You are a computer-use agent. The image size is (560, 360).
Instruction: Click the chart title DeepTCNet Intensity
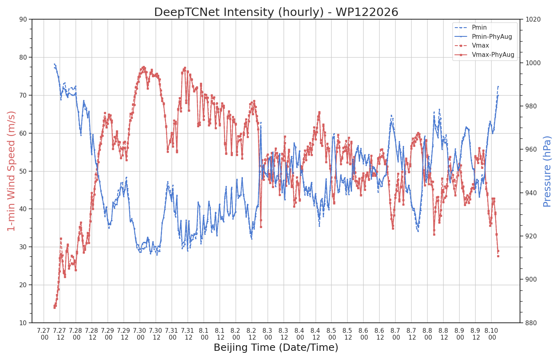click(276, 12)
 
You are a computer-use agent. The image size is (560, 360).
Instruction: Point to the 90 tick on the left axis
click(23, 19)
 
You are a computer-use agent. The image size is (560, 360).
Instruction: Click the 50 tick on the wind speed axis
click(23, 171)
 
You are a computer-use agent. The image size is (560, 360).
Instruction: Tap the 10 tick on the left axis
click(23, 323)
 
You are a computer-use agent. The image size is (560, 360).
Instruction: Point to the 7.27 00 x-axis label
click(44, 334)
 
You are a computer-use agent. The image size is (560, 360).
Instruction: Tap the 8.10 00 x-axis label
click(492, 334)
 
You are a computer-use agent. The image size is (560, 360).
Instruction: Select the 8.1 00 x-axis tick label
click(204, 334)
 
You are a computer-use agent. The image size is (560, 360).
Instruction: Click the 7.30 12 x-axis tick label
click(156, 334)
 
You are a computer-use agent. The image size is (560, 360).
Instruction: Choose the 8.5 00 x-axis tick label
click(332, 334)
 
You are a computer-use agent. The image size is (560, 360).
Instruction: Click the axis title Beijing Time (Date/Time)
click(276, 348)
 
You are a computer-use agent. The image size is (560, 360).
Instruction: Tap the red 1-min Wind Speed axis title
click(11, 171)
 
